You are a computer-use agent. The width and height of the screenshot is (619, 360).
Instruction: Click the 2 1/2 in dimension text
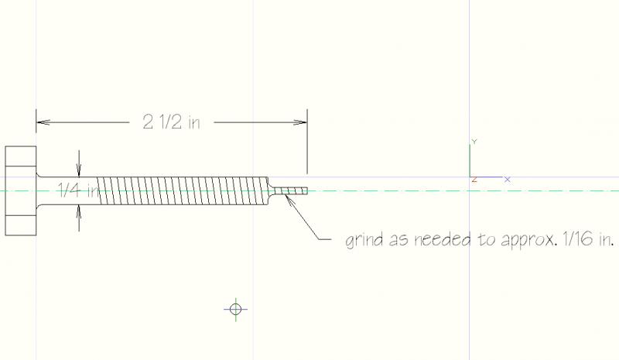tap(171, 122)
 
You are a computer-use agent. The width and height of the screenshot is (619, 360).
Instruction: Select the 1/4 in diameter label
tap(79, 190)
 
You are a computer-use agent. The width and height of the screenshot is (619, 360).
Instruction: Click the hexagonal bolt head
tap(21, 191)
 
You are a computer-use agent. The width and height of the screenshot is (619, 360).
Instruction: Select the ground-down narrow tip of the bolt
tap(291, 191)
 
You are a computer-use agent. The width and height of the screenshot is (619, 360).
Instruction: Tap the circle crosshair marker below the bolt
tap(236, 309)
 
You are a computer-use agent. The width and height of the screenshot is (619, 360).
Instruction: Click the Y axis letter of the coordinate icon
tap(474, 142)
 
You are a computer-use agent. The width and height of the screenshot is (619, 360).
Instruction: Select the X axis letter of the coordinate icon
tap(508, 180)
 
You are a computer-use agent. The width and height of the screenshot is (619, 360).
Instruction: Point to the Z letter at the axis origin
tap(474, 180)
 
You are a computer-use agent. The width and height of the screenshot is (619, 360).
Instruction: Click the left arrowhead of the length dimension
tap(43, 122)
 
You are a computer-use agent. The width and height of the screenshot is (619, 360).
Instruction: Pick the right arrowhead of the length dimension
tap(300, 122)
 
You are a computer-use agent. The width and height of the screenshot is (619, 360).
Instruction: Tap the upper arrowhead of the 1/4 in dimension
tap(79, 170)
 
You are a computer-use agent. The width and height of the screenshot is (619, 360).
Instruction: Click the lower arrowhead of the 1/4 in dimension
tap(79, 212)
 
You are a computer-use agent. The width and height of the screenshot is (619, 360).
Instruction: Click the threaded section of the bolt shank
tap(183, 191)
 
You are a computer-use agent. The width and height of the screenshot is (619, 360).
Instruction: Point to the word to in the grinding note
tap(485, 239)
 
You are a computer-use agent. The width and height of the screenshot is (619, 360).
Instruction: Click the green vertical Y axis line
tap(470, 161)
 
